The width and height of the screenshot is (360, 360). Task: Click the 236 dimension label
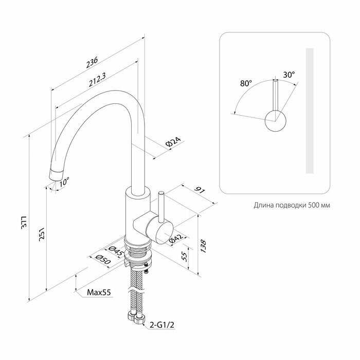click(x=92, y=62)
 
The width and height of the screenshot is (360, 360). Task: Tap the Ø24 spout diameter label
click(x=173, y=141)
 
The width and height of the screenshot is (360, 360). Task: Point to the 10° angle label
click(x=64, y=182)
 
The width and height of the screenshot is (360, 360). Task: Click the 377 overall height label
click(x=24, y=222)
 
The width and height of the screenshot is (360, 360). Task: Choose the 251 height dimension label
click(x=42, y=234)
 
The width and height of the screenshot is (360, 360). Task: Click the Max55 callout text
click(x=99, y=292)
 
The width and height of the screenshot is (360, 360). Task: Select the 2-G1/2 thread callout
click(x=162, y=325)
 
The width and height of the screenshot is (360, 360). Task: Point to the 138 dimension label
click(x=203, y=246)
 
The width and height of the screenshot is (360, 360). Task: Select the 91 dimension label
click(x=199, y=190)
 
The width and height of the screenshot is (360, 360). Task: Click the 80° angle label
click(x=246, y=83)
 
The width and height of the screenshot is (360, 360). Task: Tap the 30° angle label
click(x=289, y=75)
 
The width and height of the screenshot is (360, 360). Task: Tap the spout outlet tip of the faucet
click(x=56, y=176)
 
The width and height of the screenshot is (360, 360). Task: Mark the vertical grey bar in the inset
click(x=310, y=111)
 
